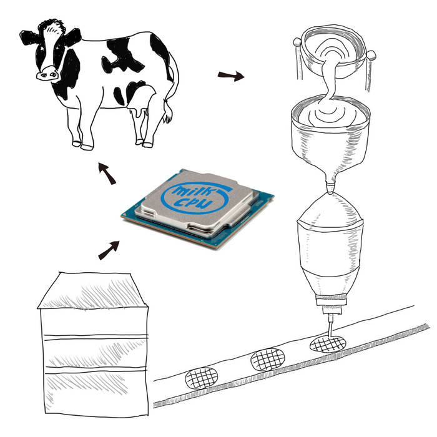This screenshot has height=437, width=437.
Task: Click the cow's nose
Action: coord(47,74)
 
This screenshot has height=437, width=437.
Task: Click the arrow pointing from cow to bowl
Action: coord(231,76)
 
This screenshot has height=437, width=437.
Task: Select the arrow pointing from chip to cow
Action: coord(107,174)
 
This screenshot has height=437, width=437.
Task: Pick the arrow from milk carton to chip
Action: coord(109,250)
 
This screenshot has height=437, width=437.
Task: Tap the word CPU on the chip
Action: coord(192,203)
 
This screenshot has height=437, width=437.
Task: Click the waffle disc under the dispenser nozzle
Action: coord(328,344)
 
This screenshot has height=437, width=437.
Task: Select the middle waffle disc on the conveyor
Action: coord(268,360)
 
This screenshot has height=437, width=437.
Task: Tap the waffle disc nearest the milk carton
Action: coord(201,378)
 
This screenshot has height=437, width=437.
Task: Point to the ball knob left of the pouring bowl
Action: coord(297,42)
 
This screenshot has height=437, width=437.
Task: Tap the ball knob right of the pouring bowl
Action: coord(371,55)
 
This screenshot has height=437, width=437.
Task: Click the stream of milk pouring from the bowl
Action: coord(329,79)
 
